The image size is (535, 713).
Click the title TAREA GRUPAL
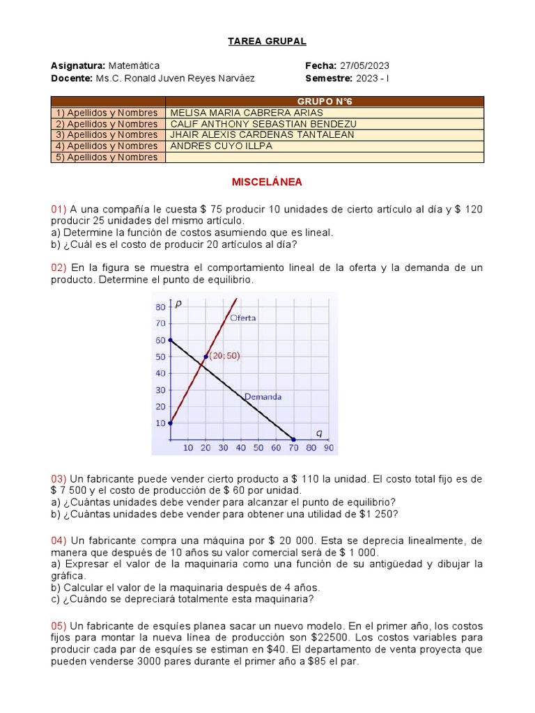pyautogui.click(x=267, y=41)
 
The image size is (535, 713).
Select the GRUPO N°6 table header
pyautogui.click(x=325, y=101)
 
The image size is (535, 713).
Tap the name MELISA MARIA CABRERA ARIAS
pyautogui.click(x=237, y=112)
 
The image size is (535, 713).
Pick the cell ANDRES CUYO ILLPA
pyautogui.click(x=222, y=146)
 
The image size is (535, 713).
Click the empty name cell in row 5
pyautogui.click(x=325, y=157)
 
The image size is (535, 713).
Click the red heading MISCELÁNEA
pyautogui.click(x=267, y=182)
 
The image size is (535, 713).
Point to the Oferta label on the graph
pyautogui.click(x=243, y=318)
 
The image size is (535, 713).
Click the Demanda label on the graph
pyautogui.click(x=263, y=397)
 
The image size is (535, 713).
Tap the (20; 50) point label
pyautogui.click(x=224, y=356)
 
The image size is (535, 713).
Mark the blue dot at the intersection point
pyautogui.click(x=206, y=356)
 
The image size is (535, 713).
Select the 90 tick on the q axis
pyautogui.click(x=328, y=448)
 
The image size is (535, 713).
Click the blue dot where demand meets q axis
pyautogui.click(x=293, y=439)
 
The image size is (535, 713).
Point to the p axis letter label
pyautogui.click(x=179, y=304)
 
